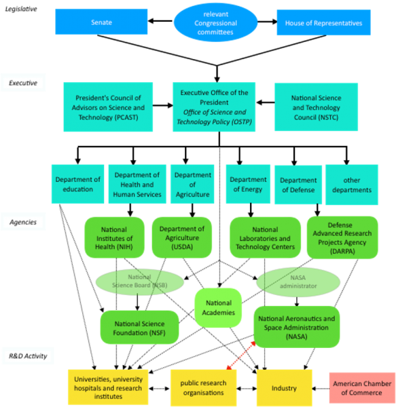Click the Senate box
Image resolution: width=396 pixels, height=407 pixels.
101,22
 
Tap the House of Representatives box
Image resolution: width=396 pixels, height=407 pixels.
323,22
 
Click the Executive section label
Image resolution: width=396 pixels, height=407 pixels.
23,83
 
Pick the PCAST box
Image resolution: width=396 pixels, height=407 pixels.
108,107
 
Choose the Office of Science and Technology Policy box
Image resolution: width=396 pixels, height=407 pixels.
214,107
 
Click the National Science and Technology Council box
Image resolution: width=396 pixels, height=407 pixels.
316,107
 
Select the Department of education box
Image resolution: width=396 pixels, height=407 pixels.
78,184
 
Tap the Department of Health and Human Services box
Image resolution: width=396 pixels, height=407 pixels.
138,184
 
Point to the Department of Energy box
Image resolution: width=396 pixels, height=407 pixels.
248,184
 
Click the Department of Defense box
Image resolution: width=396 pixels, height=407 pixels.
298,184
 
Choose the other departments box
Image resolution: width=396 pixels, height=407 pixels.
352,184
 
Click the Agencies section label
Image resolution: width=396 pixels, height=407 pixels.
23,222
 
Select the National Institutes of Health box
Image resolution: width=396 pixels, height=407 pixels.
114,238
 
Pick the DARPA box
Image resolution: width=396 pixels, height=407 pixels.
342,238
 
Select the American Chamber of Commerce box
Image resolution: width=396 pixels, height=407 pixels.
361,388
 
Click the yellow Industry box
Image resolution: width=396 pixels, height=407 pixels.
284,388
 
